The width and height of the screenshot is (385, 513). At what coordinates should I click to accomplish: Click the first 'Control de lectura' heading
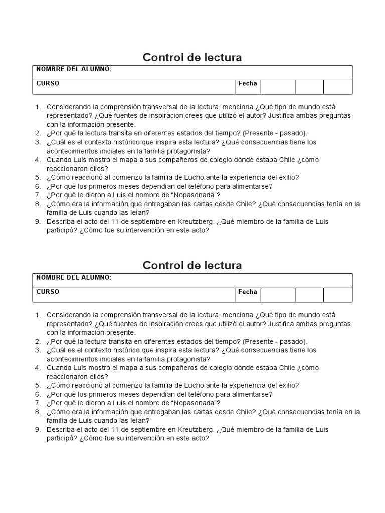[192, 57]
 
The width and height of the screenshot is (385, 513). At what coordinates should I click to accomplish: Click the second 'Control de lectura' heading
[192, 265]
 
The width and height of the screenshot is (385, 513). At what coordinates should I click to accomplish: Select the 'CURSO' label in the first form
[48, 83]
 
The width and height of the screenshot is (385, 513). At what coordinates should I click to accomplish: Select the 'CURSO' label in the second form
[48, 291]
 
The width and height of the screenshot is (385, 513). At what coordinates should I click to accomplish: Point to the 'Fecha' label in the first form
[248, 83]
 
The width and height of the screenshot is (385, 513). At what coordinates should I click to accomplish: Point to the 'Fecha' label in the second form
[248, 291]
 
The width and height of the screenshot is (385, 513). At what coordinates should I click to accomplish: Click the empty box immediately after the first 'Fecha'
[277, 87]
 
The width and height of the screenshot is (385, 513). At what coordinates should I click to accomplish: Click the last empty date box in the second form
[338, 295]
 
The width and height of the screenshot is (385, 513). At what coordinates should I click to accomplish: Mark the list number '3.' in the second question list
[38, 350]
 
